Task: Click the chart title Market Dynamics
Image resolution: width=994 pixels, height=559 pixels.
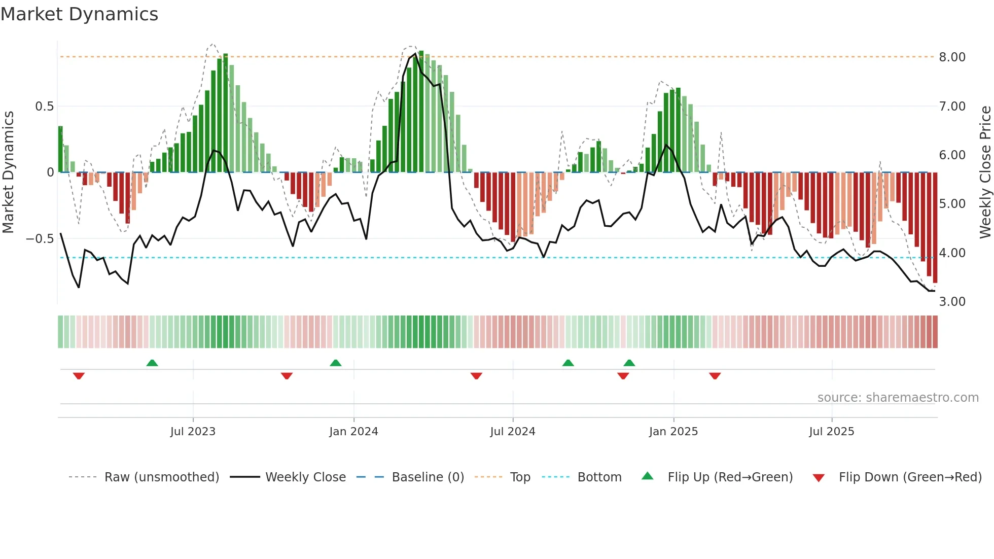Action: pyautogui.click(x=79, y=14)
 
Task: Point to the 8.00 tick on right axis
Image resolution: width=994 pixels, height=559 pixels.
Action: pyautogui.click(x=952, y=57)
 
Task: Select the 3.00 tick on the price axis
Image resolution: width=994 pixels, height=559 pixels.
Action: pyautogui.click(x=952, y=301)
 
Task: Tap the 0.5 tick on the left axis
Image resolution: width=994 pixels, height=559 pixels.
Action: pyautogui.click(x=44, y=106)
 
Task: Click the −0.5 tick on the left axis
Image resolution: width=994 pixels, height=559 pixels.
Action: pyautogui.click(x=40, y=238)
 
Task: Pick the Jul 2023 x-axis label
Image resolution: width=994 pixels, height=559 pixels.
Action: pyautogui.click(x=193, y=431)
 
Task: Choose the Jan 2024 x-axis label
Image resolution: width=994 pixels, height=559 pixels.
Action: pyautogui.click(x=353, y=431)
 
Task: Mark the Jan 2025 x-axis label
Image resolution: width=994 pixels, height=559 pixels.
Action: pyautogui.click(x=673, y=431)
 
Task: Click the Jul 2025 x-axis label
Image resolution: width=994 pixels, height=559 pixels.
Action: pyautogui.click(x=832, y=431)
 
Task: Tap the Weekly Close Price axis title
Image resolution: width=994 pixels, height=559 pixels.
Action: pyautogui.click(x=985, y=172)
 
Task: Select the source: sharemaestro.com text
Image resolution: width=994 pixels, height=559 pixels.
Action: pyautogui.click(x=898, y=397)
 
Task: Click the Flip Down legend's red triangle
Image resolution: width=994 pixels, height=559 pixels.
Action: pyautogui.click(x=819, y=478)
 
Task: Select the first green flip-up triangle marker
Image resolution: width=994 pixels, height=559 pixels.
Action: pyautogui.click(x=152, y=363)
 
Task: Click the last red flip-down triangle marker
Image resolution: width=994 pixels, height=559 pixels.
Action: pyautogui.click(x=715, y=376)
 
